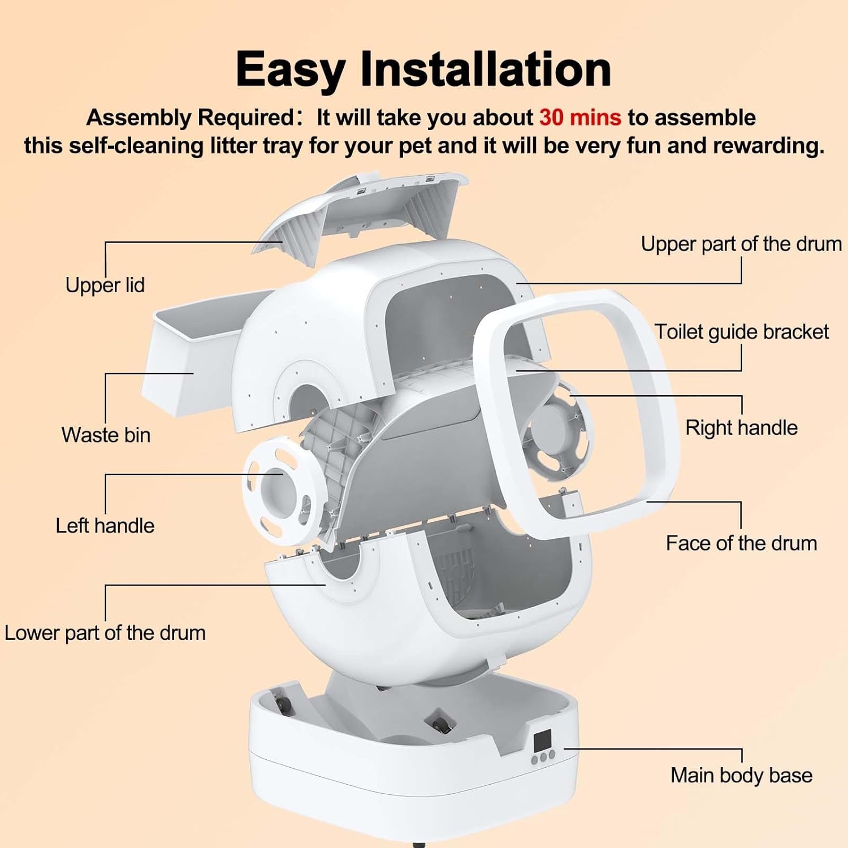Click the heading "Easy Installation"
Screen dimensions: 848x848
tap(423, 69)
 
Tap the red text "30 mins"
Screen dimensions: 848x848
tap(580, 118)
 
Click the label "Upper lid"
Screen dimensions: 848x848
tap(105, 285)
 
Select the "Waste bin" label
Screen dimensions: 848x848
tap(106, 435)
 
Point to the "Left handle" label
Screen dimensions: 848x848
tap(105, 525)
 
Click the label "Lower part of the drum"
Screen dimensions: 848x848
tap(105, 633)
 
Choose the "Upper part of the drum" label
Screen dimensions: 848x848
tap(741, 244)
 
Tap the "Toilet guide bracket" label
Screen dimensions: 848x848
tap(741, 332)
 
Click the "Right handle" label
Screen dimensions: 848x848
tap(741, 427)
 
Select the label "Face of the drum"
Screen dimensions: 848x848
tap(741, 543)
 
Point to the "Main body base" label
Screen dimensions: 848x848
tap(741, 775)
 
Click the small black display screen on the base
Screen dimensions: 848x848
tap(542, 739)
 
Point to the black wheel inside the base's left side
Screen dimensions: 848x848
tap(281, 704)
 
